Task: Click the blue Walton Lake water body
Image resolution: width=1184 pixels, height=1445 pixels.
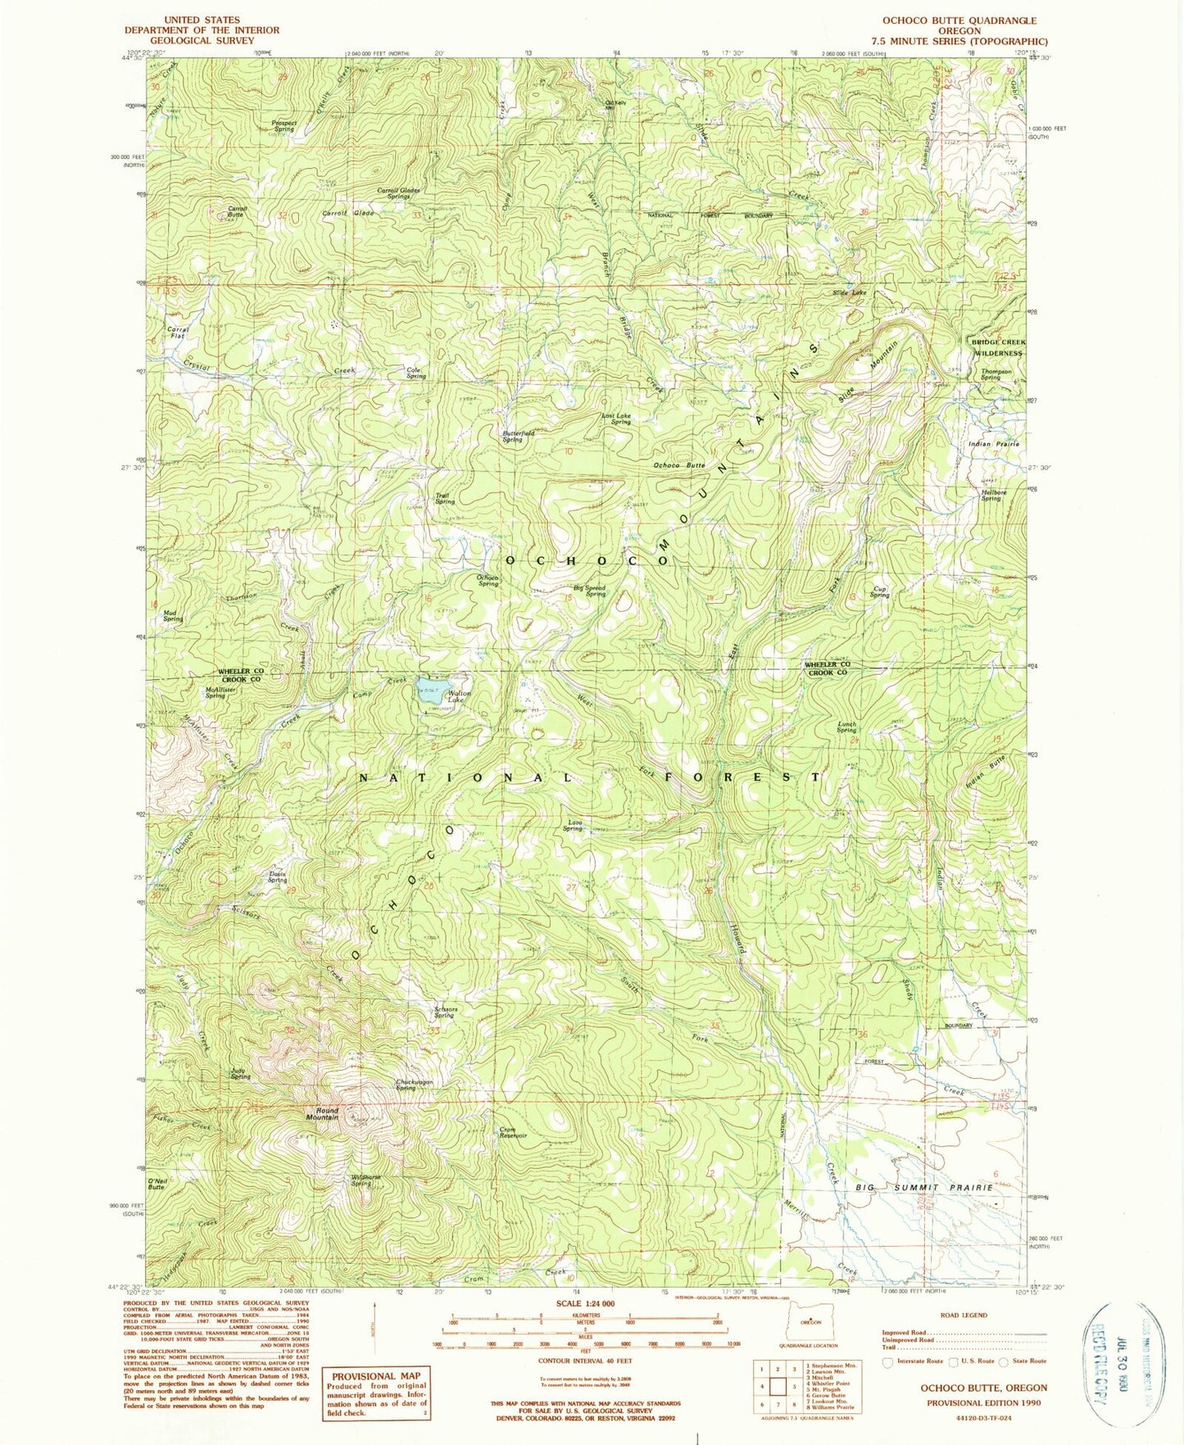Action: click(x=430, y=685)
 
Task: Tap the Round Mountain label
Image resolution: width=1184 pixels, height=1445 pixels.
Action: click(x=322, y=1114)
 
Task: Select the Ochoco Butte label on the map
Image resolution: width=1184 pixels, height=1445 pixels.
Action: click(x=678, y=465)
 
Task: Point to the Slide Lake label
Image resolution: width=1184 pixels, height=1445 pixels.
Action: click(x=849, y=292)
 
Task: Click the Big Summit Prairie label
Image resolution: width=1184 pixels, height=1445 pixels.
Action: click(x=924, y=1187)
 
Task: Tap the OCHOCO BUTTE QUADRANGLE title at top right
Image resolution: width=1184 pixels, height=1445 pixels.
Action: click(x=959, y=20)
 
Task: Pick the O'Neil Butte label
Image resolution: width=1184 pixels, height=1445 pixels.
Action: click(x=157, y=1183)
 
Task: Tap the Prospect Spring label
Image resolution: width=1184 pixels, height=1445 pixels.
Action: click(x=284, y=126)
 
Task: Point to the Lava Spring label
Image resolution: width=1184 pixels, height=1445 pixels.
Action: click(x=573, y=826)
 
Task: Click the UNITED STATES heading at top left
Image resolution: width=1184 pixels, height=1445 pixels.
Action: click(x=202, y=20)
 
